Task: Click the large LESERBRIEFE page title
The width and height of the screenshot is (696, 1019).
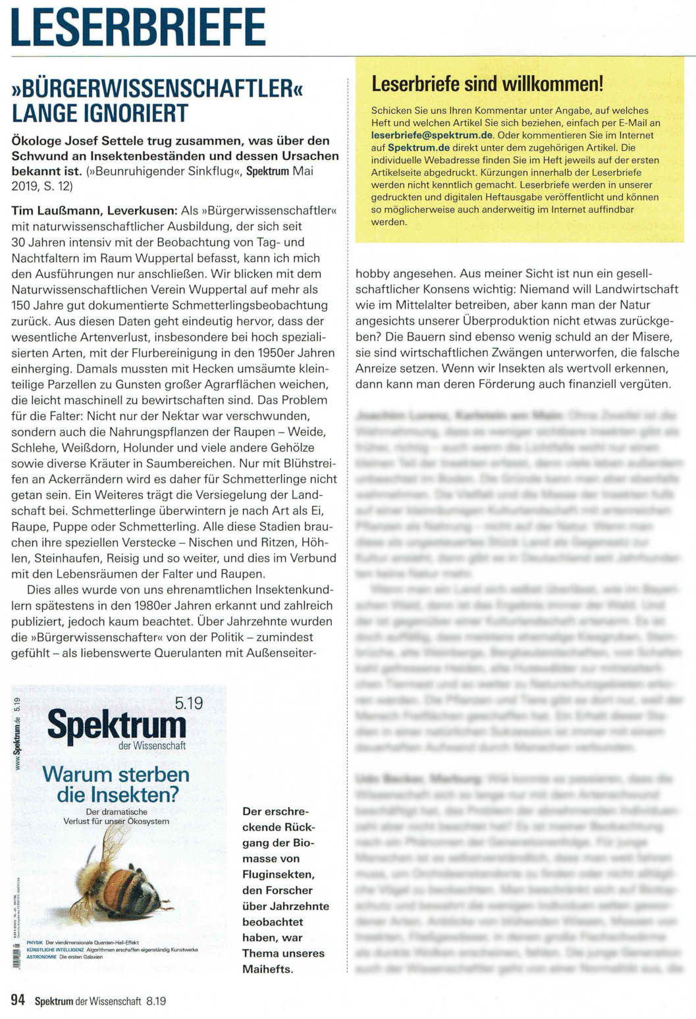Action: [138, 28]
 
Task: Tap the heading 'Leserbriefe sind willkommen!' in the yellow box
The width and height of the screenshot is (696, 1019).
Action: [487, 84]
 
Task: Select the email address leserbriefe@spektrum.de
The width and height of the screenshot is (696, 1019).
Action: [432, 135]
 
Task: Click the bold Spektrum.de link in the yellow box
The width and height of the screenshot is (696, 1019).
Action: [418, 147]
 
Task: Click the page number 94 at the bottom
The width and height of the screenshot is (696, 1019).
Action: [18, 1000]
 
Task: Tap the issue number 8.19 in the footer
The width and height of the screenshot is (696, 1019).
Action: [155, 1001]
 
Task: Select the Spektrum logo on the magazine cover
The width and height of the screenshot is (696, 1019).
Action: [117, 725]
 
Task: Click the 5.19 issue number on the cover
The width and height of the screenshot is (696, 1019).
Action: [188, 703]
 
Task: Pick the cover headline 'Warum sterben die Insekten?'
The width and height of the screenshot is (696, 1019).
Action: [116, 784]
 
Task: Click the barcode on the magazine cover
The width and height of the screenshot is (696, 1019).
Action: [16, 955]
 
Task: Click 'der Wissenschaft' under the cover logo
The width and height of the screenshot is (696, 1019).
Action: [152, 746]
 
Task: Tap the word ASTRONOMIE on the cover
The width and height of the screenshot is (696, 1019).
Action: [41, 956]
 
